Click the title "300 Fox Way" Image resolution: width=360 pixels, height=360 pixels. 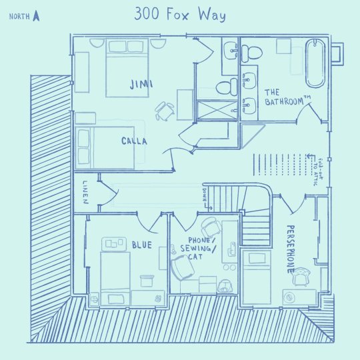pos(180,14)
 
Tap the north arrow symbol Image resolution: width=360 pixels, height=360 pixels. pos(36,16)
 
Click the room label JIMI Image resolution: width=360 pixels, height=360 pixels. pos(141,84)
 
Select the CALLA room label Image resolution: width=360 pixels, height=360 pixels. pos(134,141)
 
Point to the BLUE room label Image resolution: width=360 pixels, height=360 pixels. pos(142,245)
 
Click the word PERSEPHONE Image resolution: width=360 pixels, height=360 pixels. pos(291,249)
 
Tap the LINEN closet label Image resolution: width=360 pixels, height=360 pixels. pos(85,192)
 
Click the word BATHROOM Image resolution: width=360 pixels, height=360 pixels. pos(284,101)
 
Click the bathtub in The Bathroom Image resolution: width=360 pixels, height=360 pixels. pos(315,63)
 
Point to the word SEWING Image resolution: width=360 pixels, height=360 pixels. pos(195,249)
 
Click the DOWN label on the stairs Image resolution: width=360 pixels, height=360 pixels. pos(205,195)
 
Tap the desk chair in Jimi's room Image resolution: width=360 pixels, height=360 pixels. pos(165,111)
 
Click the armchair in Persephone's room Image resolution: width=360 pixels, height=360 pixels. pos(301,277)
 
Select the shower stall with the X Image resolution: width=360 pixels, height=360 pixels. pos(217,110)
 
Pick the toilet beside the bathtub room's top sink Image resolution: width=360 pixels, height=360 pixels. pos(251,53)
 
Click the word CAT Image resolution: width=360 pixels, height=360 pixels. pos(195,257)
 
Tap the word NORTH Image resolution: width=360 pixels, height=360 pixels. pos(19,17)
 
